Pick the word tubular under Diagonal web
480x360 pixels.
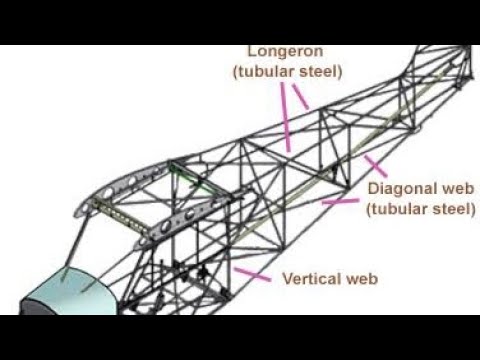394,208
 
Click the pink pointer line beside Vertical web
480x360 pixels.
253,273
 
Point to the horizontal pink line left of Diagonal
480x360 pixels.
337,200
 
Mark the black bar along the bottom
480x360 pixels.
240,337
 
